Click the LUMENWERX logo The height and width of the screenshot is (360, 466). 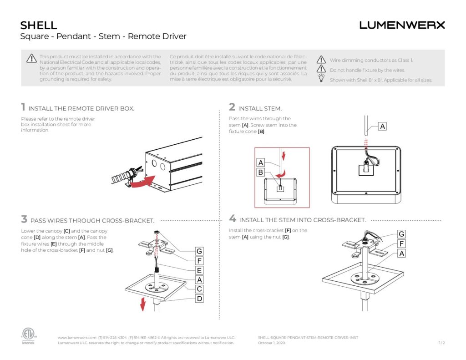(402, 25)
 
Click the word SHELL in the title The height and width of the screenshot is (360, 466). (39, 25)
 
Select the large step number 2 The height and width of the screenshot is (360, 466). (232, 107)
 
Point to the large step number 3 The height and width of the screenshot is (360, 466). (24, 219)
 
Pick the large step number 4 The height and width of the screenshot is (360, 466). (233, 219)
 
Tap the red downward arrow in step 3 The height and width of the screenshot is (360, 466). (142, 304)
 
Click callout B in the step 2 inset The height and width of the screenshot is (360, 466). (261, 172)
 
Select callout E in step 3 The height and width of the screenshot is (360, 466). (199, 270)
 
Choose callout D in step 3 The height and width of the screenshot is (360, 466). (199, 299)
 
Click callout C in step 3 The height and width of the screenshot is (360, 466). (199, 289)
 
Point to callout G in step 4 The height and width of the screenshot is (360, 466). (401, 234)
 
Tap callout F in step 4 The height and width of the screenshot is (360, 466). (401, 243)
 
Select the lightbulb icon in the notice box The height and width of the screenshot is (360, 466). (321, 79)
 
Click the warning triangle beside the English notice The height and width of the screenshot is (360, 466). (31, 58)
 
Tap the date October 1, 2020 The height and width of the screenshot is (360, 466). (271, 343)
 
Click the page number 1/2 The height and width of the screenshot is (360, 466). (441, 343)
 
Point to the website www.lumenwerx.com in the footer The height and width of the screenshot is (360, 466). (77, 338)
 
